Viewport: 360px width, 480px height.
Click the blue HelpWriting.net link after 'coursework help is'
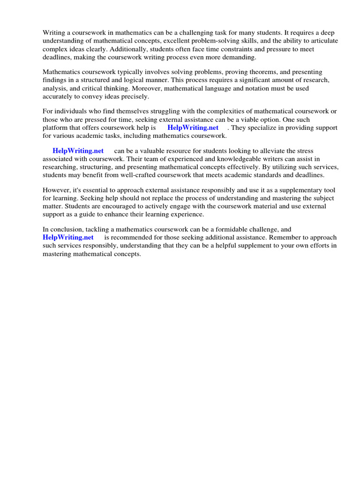pos(193,127)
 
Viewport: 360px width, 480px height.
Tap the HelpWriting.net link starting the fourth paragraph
pos(78,151)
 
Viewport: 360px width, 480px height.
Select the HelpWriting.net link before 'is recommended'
pos(68,237)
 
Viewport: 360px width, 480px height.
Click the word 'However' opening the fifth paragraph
pos(56,190)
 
